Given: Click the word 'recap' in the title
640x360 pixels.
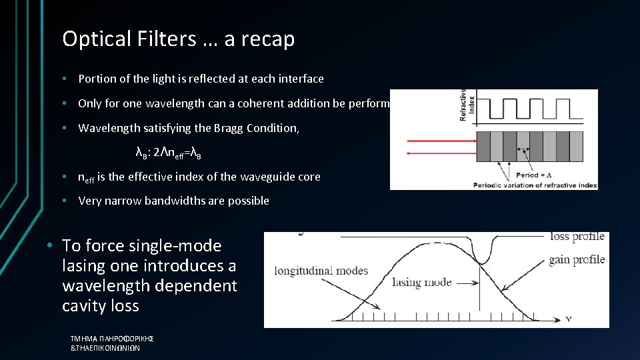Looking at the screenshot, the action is [270, 40].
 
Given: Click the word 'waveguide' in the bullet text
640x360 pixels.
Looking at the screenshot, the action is [255, 177].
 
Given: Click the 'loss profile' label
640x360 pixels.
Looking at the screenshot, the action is [577, 236].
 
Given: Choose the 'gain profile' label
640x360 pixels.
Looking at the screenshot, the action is [577, 259].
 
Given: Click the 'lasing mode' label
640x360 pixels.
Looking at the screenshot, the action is [421, 282].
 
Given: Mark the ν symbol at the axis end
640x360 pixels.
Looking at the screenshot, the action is [568, 319].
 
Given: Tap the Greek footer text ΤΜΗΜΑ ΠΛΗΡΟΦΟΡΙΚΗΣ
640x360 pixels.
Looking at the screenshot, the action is [112, 339].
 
